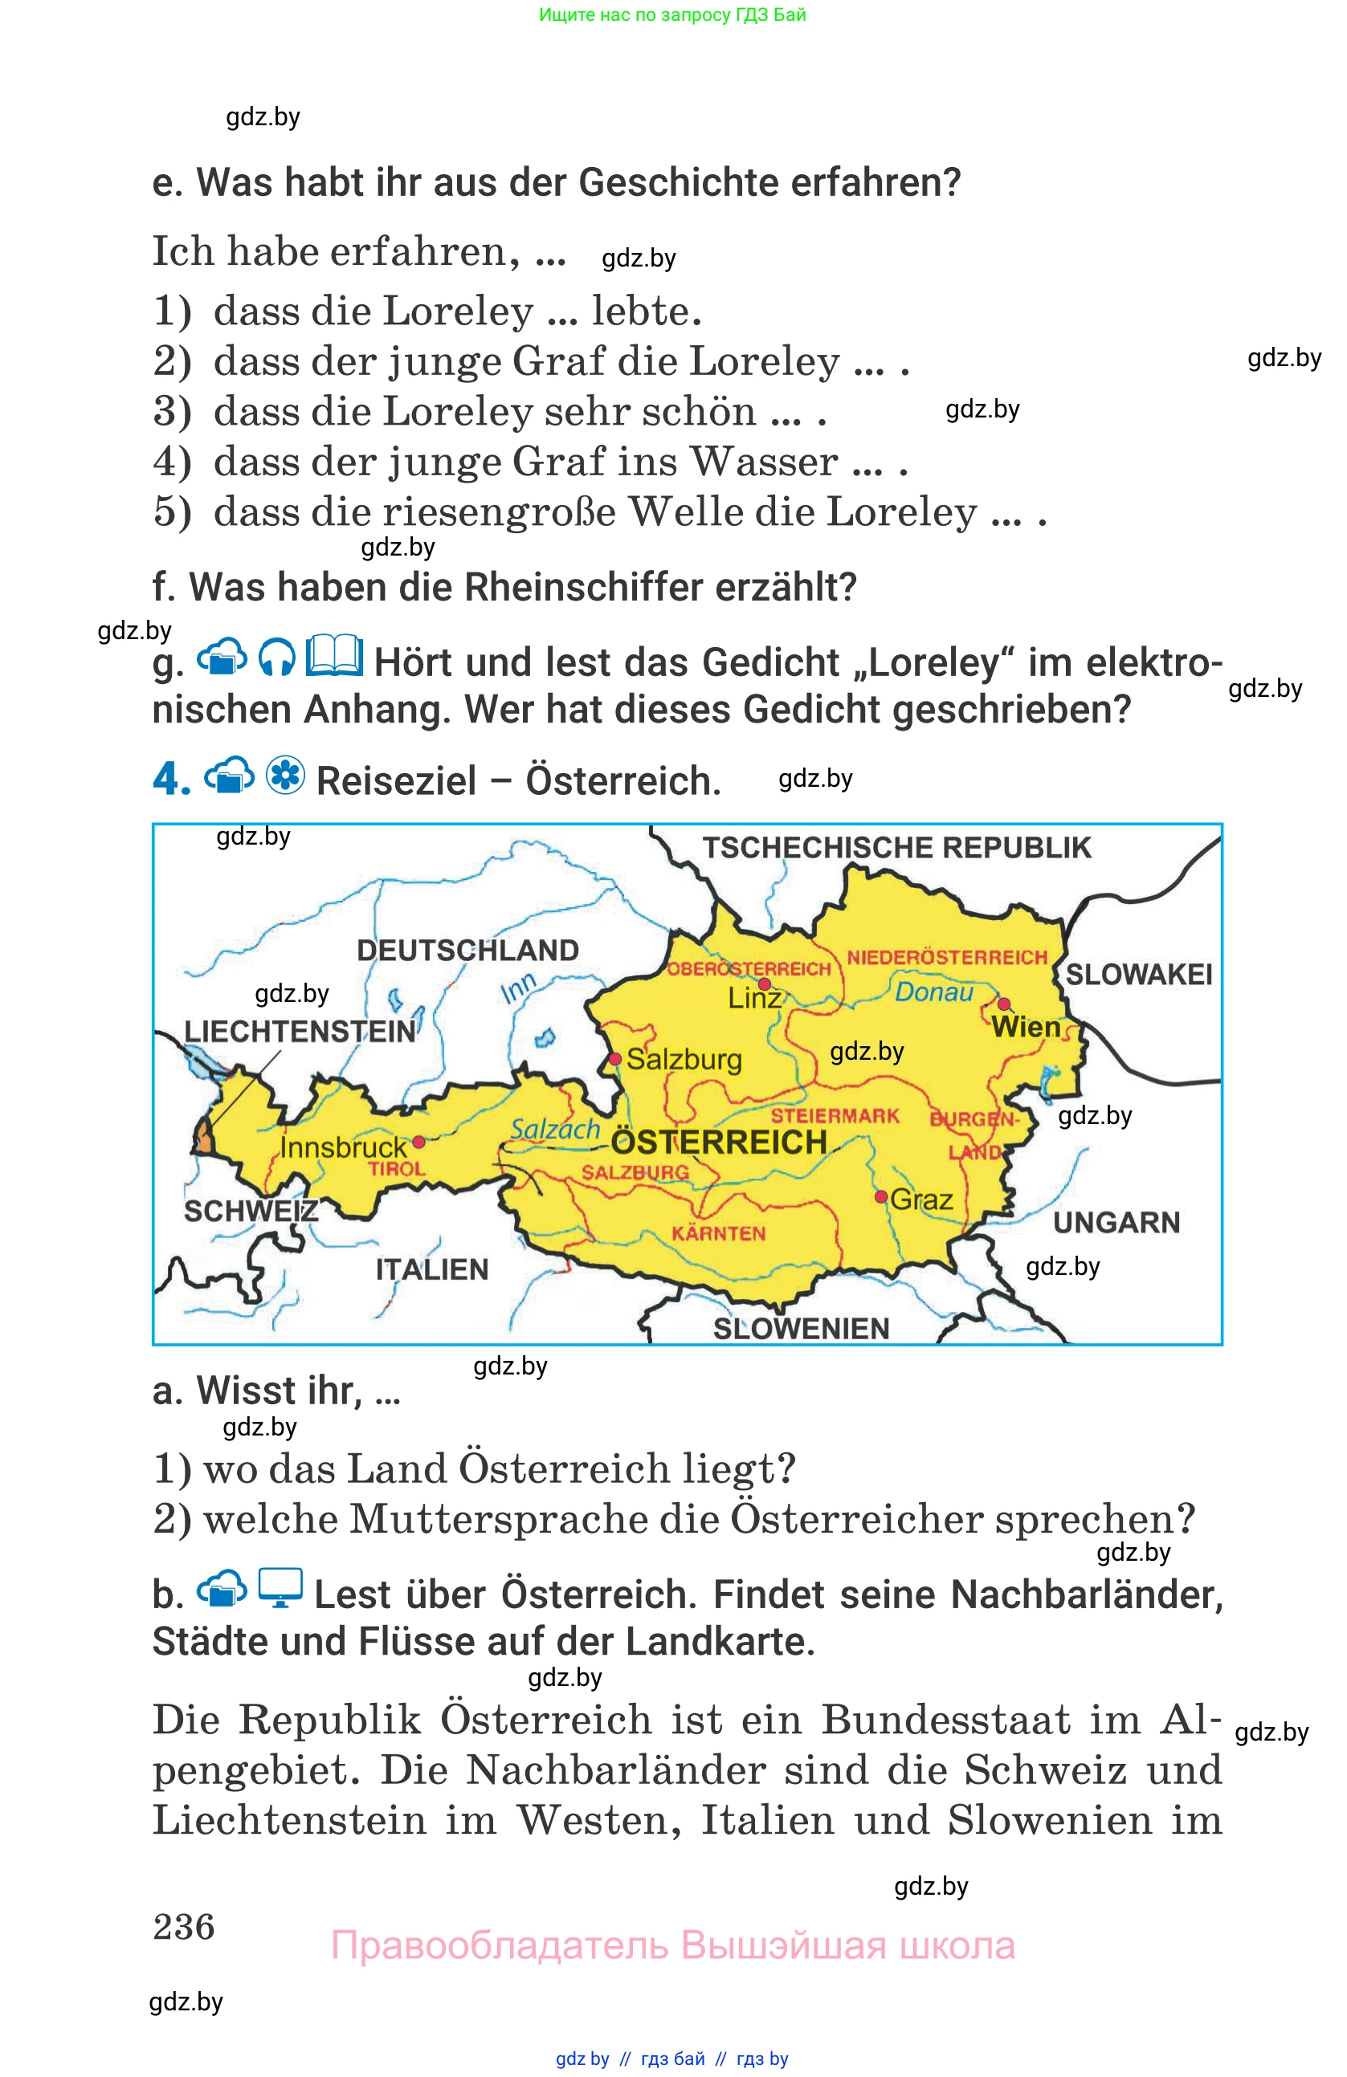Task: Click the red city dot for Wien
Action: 1003,1004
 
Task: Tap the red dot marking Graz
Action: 882,1195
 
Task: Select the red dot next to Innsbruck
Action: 419,1142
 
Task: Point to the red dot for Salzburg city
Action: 615,1059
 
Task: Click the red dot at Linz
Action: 764,984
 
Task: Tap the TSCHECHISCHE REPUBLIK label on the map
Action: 896,847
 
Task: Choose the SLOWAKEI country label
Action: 1138,974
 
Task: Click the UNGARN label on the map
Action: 1116,1223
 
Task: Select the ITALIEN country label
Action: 432,1269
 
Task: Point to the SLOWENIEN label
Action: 801,1328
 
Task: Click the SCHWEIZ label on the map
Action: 251,1211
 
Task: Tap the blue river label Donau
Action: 933,992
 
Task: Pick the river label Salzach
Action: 555,1130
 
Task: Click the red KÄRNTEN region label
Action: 718,1233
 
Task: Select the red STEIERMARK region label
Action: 835,1115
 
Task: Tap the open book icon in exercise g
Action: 334,655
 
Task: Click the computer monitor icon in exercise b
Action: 280,1588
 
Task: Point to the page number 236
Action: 183,1926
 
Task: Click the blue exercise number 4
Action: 171,779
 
